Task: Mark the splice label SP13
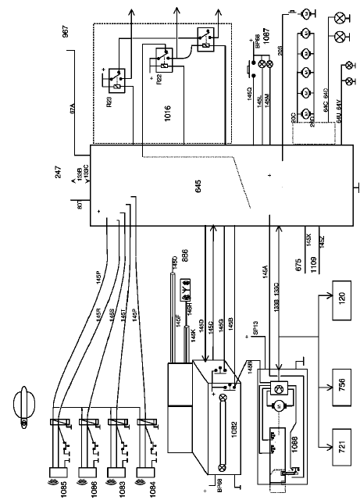(252, 330)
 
